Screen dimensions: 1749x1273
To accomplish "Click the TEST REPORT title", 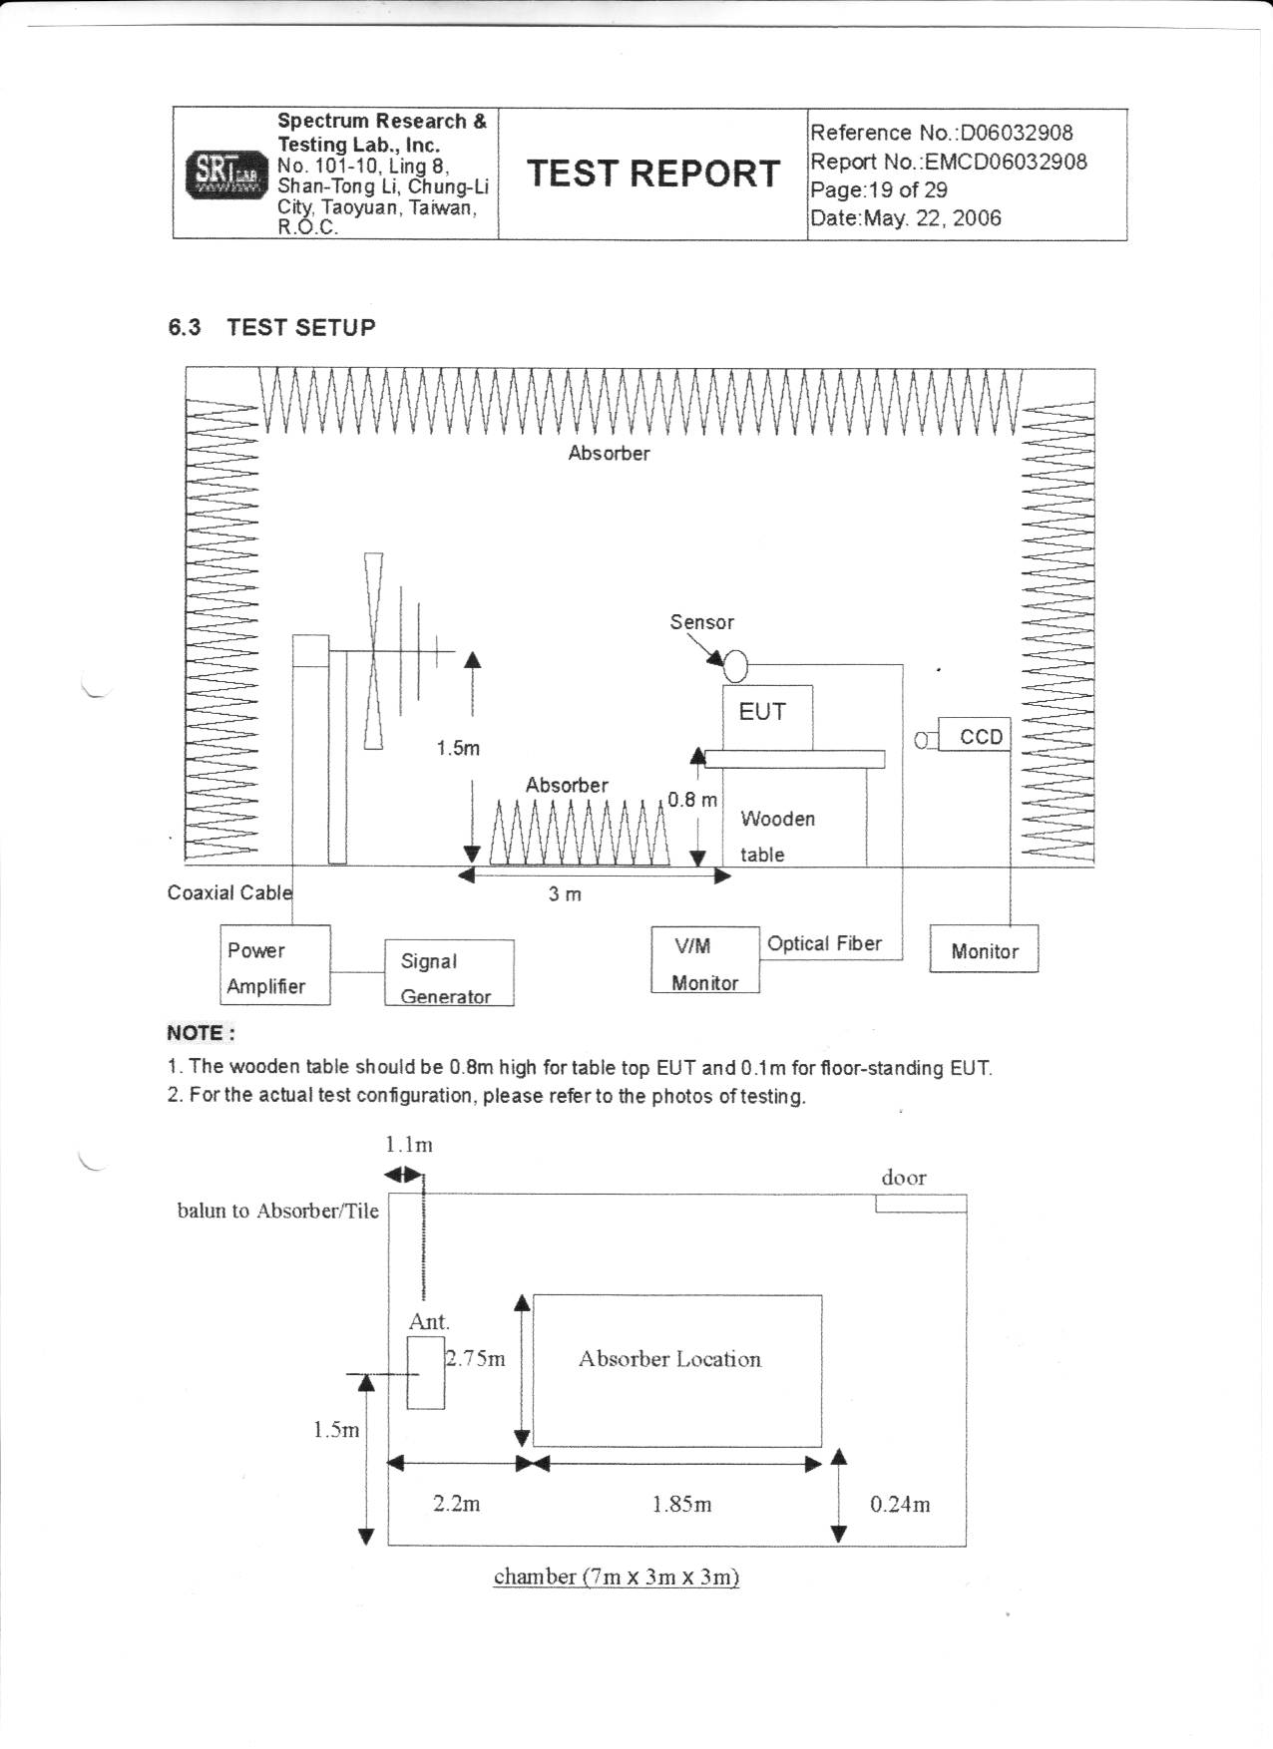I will tap(652, 174).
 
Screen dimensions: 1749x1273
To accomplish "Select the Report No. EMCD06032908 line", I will tap(948, 162).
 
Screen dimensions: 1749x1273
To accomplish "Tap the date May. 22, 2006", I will tap(905, 218).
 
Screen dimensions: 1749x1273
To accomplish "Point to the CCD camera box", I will tap(975, 736).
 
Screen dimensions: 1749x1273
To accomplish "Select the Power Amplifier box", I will tap(274, 964).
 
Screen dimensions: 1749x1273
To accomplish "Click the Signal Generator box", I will tap(449, 972).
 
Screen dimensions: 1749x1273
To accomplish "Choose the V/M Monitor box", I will tap(704, 959).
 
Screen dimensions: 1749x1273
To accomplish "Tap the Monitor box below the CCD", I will tap(984, 949).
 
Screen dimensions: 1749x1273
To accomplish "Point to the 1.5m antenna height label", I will tap(458, 748).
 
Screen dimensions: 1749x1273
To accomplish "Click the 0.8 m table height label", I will tap(692, 800).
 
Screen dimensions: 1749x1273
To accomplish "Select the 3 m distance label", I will tap(565, 894).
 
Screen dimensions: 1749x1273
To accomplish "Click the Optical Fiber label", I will tap(824, 943).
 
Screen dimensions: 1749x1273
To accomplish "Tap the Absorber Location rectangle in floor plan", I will tap(676, 1370).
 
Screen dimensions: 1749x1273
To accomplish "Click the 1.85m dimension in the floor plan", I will tap(681, 1504).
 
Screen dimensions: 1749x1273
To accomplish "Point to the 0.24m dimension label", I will tap(900, 1504).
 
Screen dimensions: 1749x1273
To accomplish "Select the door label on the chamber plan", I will tap(904, 1178).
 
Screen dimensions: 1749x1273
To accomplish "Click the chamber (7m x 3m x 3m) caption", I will tap(616, 1576).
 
